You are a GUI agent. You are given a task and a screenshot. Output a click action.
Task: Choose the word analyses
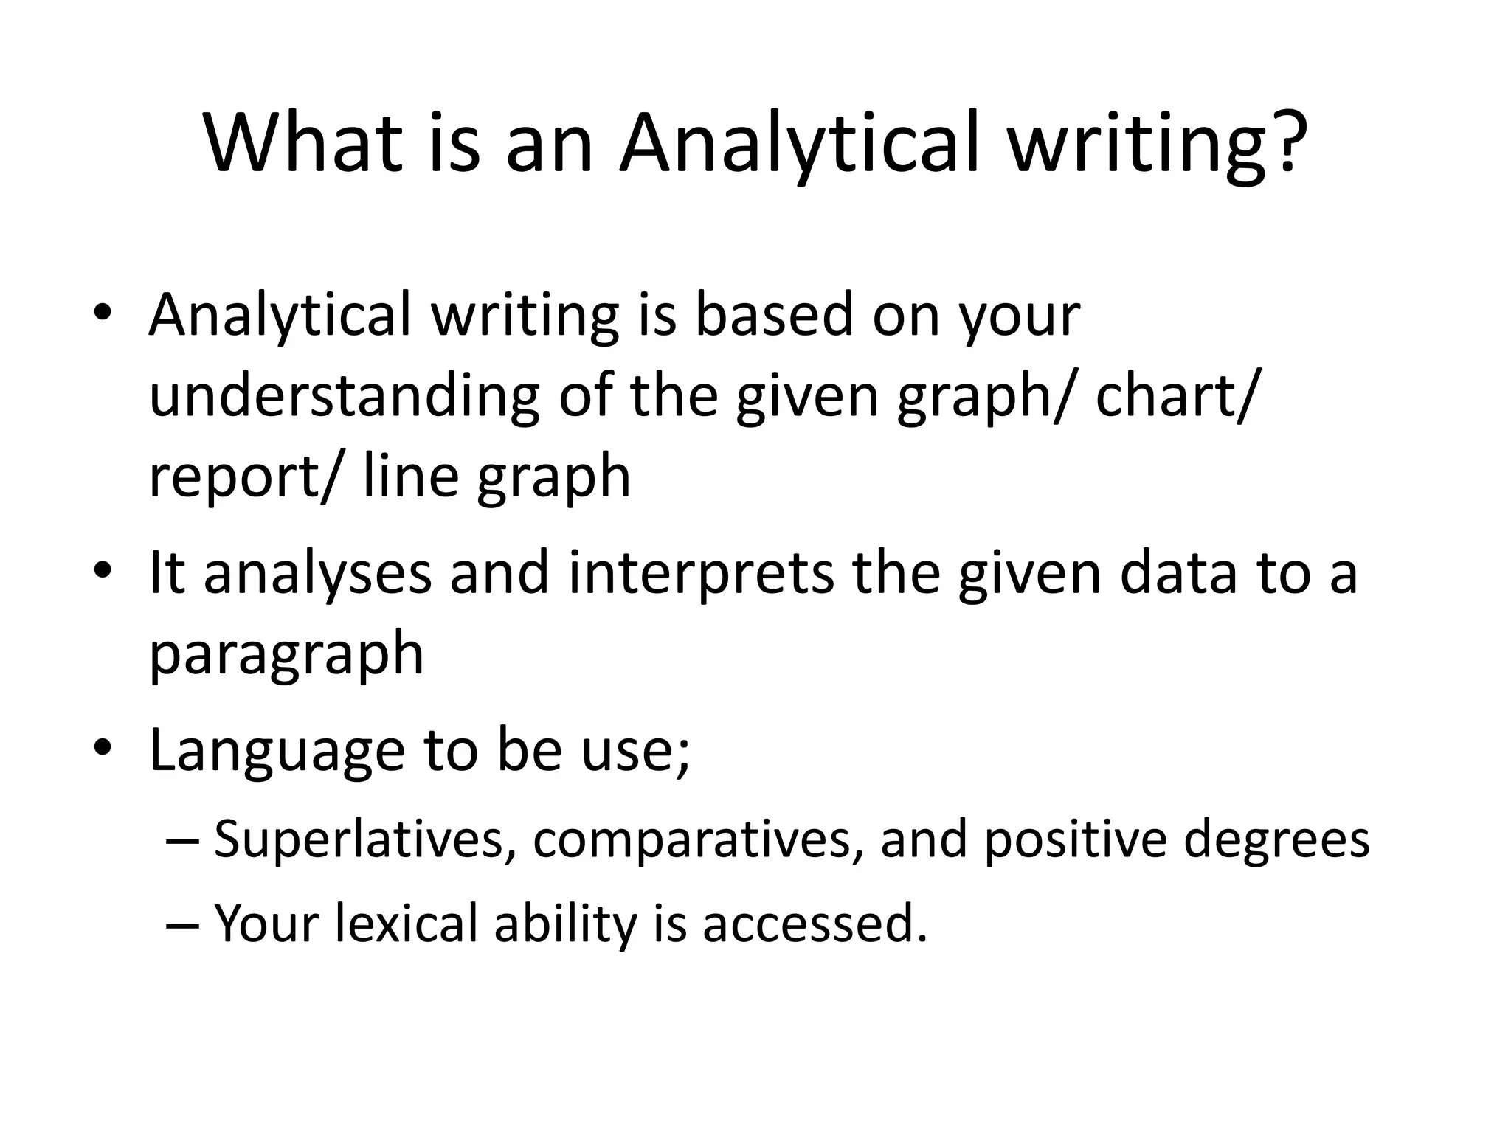pos(317,573)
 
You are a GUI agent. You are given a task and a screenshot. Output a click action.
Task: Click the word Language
pos(277,751)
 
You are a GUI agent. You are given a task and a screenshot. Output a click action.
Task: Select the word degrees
pos(1276,841)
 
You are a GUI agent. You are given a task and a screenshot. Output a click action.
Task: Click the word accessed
pos(815,924)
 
